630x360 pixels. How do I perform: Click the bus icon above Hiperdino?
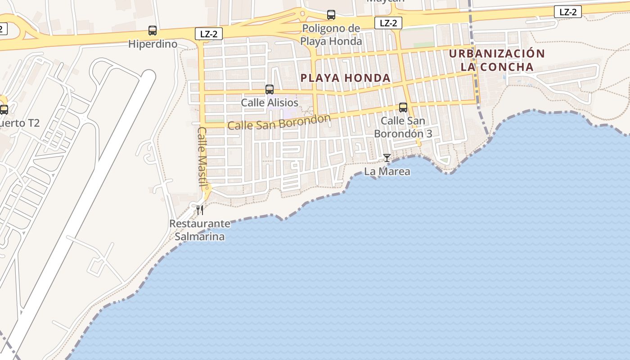click(153, 31)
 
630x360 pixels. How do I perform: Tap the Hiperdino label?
click(153, 44)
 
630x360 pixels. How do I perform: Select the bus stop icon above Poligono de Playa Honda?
click(331, 15)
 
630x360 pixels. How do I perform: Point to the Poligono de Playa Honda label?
click(331, 35)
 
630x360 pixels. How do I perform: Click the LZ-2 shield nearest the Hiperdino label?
click(209, 33)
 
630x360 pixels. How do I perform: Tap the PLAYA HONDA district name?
click(345, 78)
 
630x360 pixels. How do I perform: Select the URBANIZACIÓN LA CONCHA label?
click(497, 60)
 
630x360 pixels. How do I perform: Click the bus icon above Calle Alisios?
click(270, 89)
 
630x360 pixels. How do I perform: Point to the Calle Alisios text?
click(270, 103)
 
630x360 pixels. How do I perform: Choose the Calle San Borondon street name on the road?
click(279, 122)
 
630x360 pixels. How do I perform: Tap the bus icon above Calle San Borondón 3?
click(403, 108)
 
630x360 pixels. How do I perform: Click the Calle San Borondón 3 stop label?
click(403, 127)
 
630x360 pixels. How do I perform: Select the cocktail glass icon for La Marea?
click(387, 158)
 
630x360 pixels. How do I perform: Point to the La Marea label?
click(387, 171)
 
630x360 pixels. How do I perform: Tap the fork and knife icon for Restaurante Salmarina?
click(199, 210)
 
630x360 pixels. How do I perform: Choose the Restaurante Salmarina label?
click(199, 229)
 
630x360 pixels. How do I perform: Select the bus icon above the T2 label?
click(4, 109)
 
